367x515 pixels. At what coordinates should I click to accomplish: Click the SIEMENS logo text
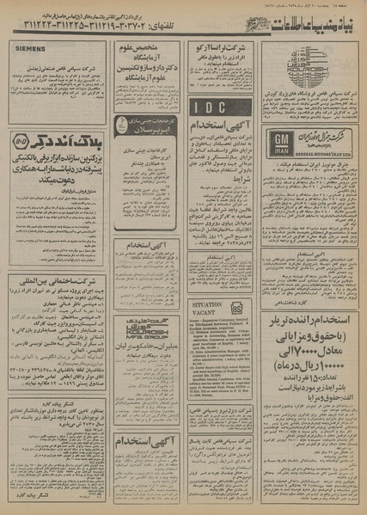(x=30, y=50)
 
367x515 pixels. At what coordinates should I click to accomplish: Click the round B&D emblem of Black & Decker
(x=23, y=138)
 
